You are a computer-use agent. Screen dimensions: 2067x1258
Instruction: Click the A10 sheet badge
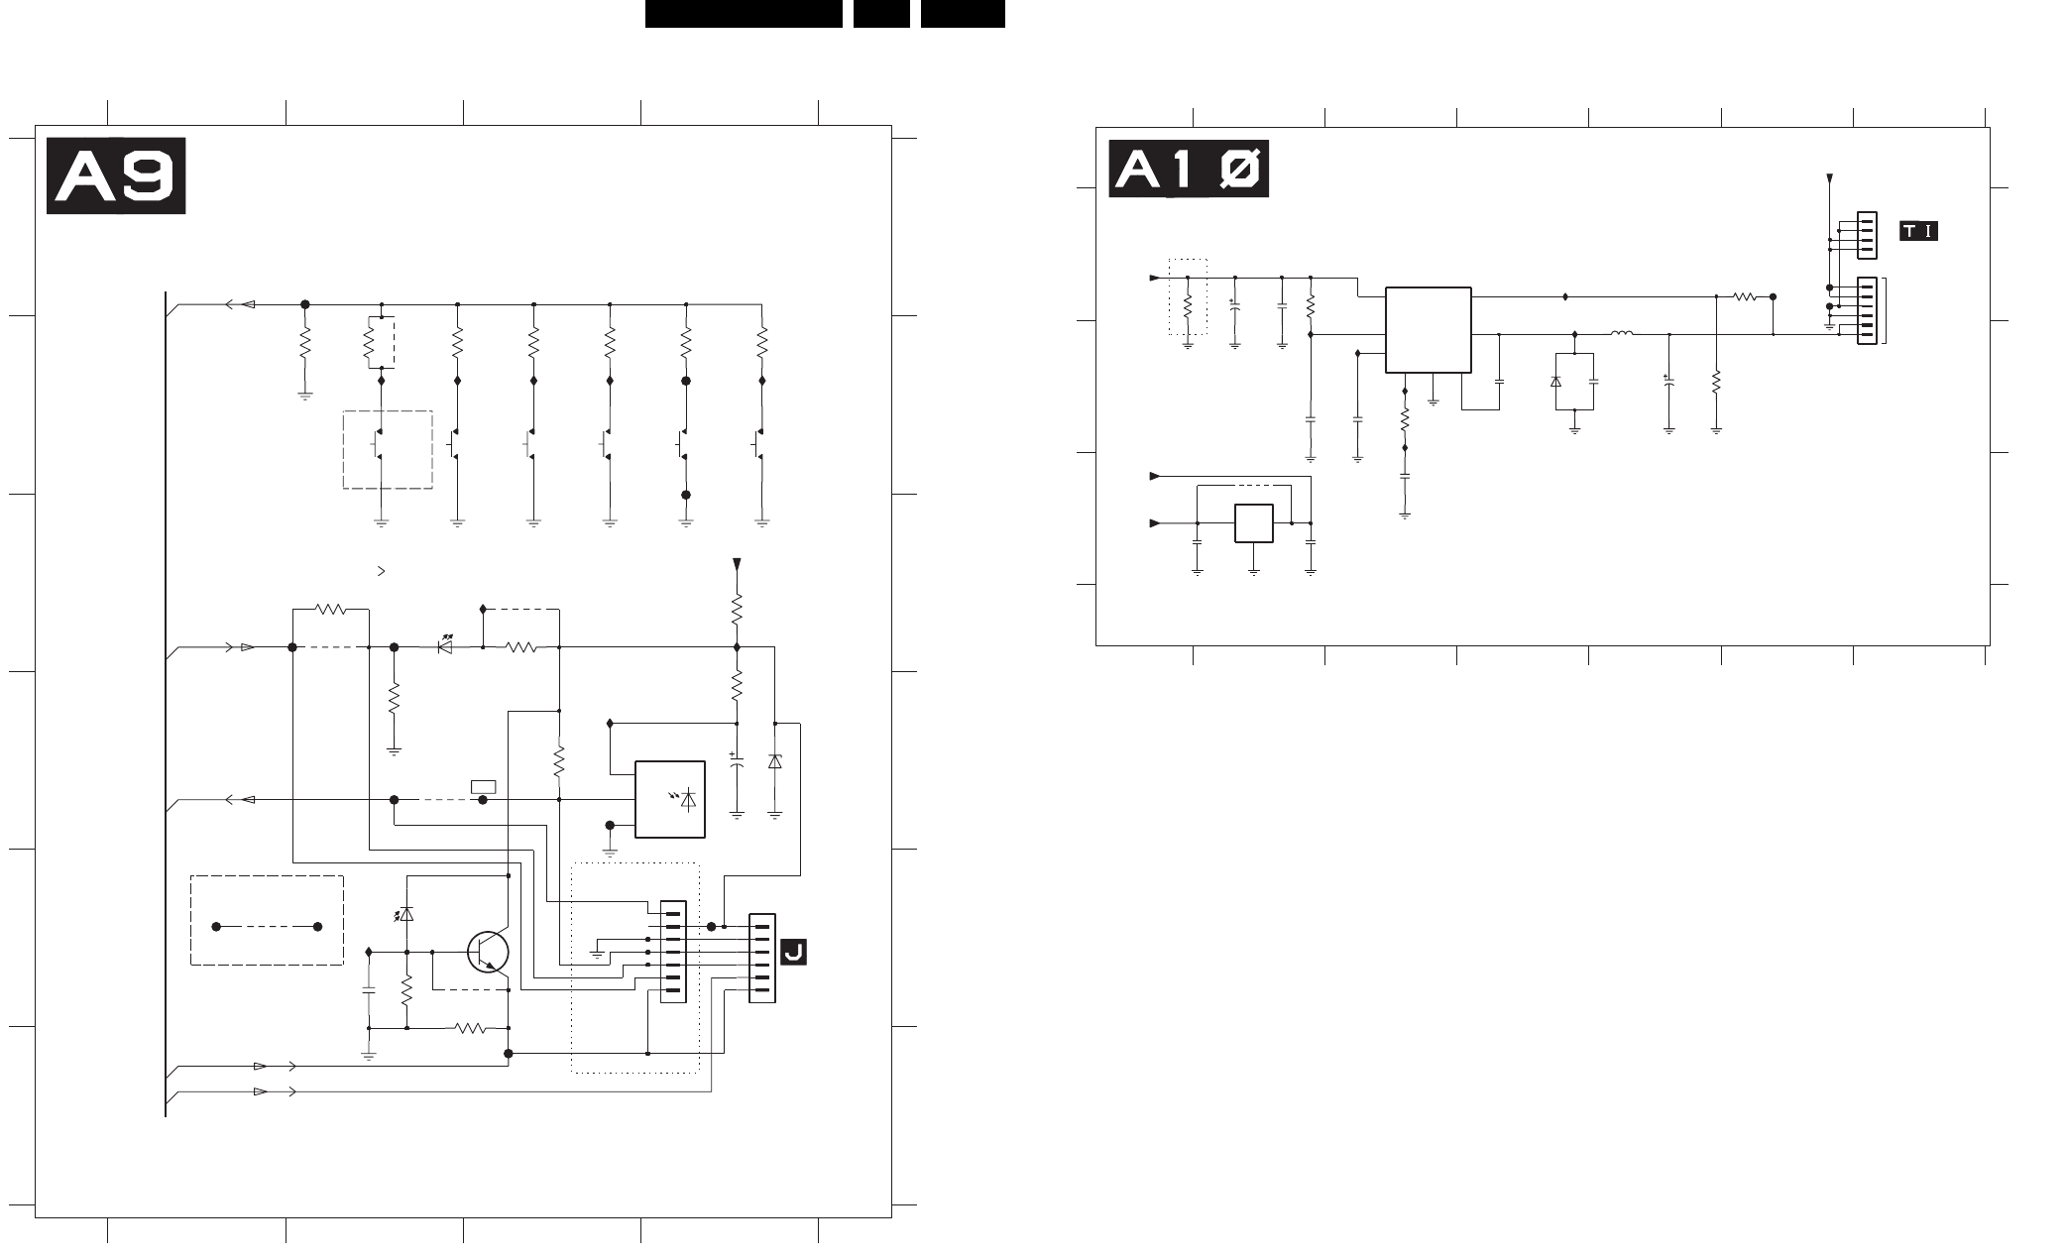(x=1189, y=171)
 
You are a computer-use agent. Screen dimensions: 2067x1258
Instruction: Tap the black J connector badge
(x=793, y=952)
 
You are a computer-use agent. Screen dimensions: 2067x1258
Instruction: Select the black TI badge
(x=1918, y=231)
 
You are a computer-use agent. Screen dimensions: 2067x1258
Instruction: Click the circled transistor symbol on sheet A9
(x=488, y=953)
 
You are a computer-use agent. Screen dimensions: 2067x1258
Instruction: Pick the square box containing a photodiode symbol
(x=670, y=799)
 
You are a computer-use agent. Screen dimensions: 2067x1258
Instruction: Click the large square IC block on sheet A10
(x=1428, y=330)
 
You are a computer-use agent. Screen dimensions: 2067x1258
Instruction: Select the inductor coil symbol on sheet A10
(x=1622, y=333)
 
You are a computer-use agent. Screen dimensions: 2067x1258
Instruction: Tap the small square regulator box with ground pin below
(x=1254, y=523)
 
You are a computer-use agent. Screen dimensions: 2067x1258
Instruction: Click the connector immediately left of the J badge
(x=761, y=958)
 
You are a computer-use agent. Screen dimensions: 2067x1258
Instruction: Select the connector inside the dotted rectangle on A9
(x=673, y=952)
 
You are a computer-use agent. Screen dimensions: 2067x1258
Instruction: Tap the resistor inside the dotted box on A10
(x=1188, y=305)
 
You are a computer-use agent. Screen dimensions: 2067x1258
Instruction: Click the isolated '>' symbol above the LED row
(x=382, y=572)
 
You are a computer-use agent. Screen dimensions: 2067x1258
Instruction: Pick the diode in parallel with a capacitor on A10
(x=1555, y=382)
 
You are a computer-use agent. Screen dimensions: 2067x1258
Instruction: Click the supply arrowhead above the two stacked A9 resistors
(x=737, y=564)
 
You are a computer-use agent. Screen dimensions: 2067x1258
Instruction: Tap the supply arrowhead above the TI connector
(x=1829, y=180)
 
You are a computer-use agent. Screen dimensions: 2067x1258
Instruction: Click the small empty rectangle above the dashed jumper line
(x=484, y=787)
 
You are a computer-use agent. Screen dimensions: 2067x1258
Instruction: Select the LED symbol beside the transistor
(x=405, y=914)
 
